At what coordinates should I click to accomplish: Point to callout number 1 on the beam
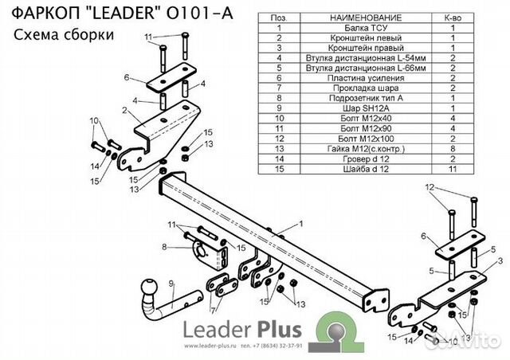coord(301,225)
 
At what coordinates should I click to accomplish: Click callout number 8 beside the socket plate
coord(165,247)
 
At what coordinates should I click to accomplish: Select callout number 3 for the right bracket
coord(500,261)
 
